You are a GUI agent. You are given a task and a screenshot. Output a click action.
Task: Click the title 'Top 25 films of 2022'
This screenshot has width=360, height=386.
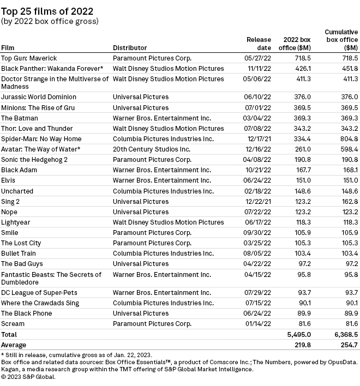coord(47,11)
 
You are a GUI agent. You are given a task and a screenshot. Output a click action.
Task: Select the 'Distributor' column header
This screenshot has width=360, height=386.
coord(130,47)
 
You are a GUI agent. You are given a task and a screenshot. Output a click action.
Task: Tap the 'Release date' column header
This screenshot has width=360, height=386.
coord(258,44)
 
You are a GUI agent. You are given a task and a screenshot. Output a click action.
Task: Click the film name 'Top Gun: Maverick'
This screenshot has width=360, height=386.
coord(29,58)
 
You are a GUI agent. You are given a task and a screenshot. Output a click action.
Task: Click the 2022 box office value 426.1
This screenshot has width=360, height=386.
coord(302,68)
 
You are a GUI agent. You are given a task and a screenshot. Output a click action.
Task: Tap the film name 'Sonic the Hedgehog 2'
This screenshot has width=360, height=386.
coord(34,159)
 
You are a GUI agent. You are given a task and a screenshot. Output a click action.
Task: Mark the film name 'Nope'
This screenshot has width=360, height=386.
coord(9,212)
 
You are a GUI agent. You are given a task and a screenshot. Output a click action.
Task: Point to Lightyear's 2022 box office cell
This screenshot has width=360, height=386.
coord(302,222)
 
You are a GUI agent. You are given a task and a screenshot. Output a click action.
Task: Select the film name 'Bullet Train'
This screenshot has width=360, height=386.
coord(19,254)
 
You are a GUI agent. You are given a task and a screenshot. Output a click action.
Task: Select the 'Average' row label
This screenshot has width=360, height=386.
coord(14,345)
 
